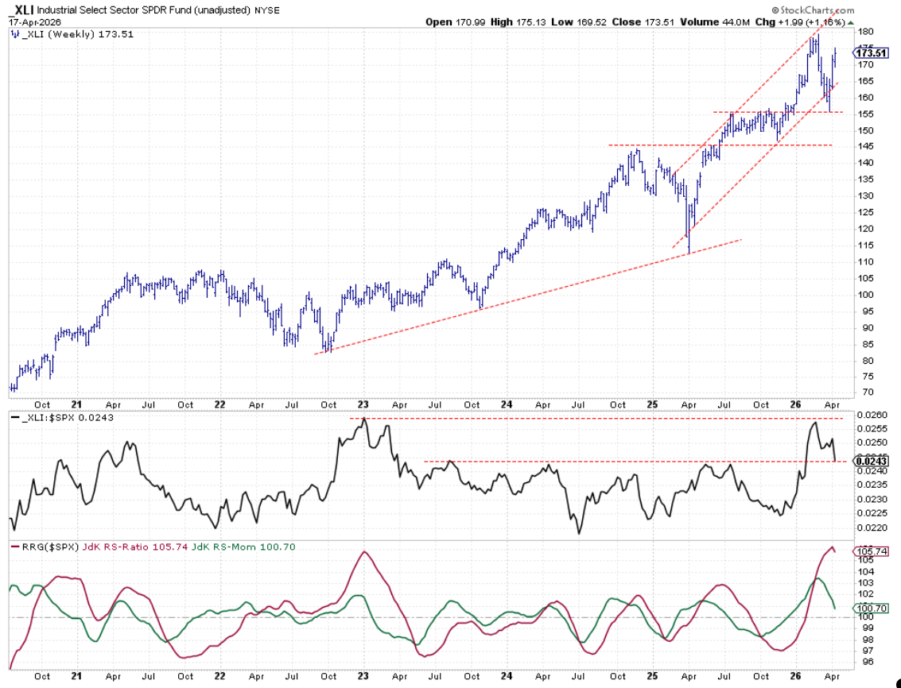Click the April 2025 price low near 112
[689, 253]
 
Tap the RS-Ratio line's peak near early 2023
[364, 551]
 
